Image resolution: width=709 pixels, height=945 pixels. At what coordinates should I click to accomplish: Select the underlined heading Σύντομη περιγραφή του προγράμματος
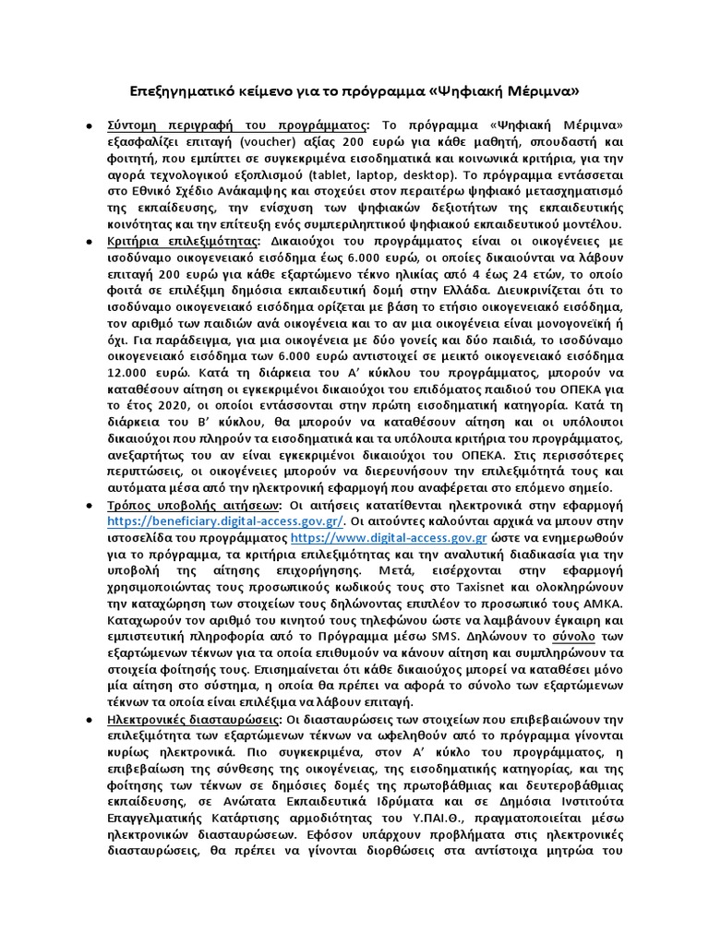(x=237, y=126)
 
